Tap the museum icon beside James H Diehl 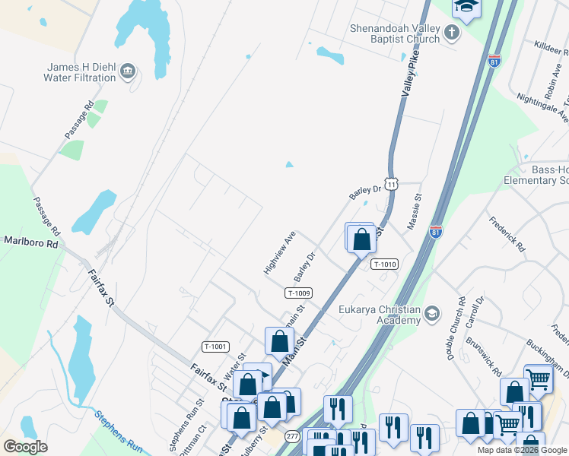(128, 71)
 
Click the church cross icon (452, 32)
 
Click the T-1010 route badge (385, 264)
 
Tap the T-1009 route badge (299, 293)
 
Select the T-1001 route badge (215, 347)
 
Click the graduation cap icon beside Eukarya (432, 313)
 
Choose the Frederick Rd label (507, 236)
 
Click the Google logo (25, 447)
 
